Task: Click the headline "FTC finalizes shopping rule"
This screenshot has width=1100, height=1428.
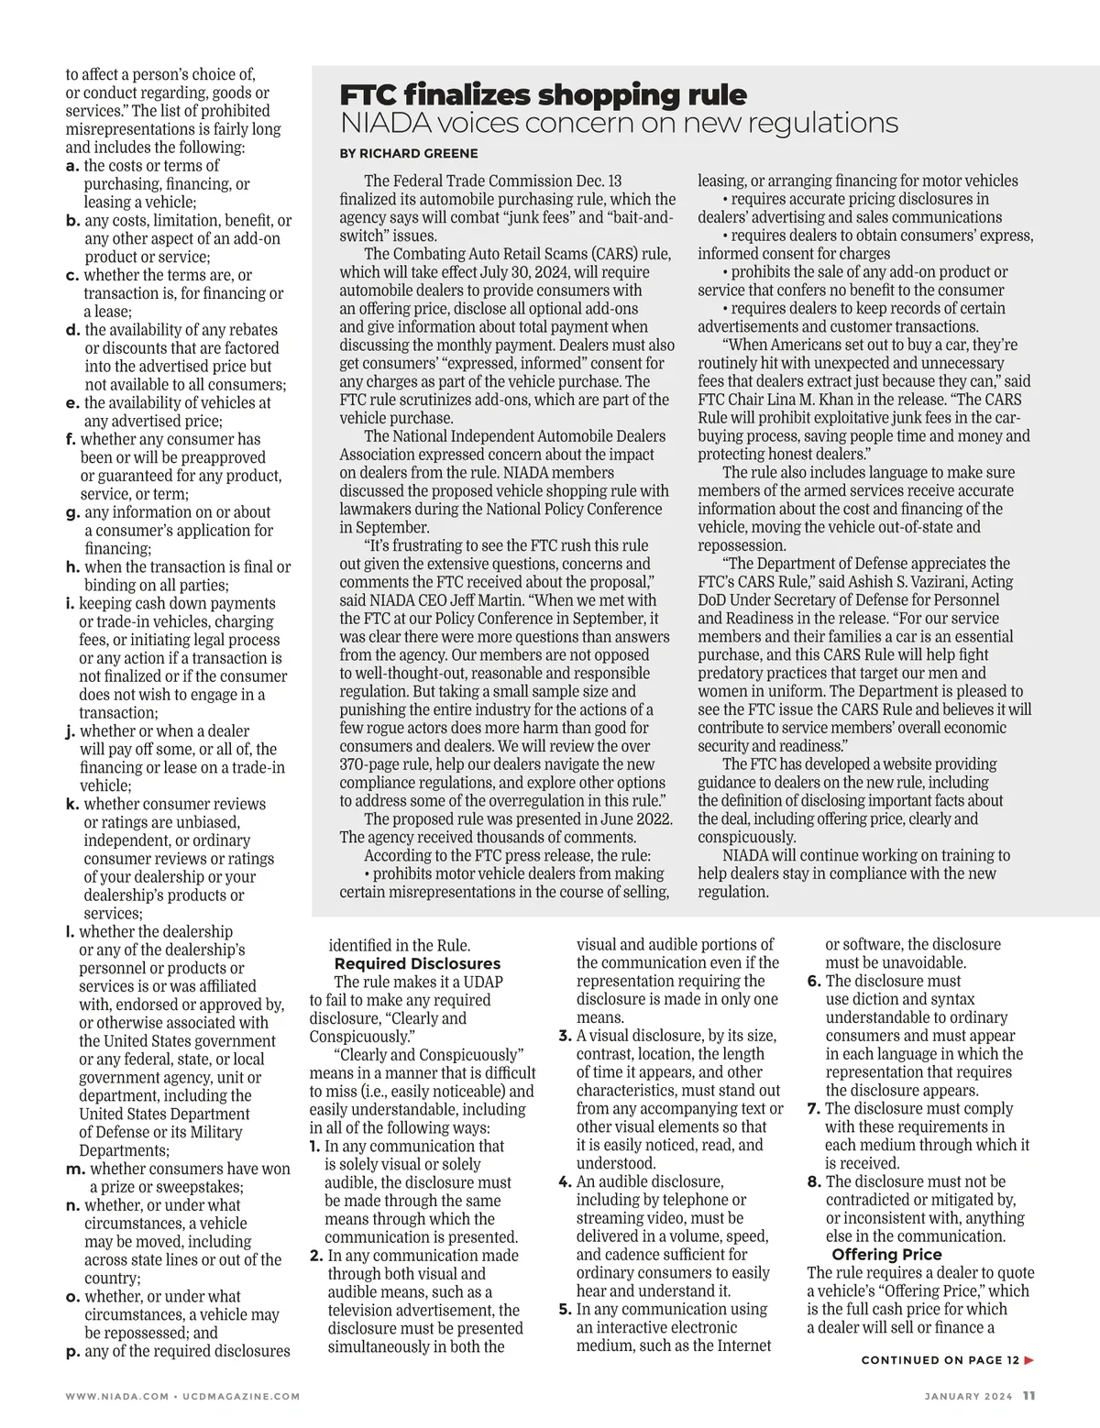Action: [543, 94]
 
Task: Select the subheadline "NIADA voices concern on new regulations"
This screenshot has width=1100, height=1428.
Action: [619, 123]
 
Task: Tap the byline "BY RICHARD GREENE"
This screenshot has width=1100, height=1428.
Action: [409, 153]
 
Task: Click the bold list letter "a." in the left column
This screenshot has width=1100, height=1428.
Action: [72, 166]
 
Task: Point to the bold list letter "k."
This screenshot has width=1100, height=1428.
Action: [72, 804]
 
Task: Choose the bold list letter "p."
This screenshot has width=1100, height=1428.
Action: [73, 1351]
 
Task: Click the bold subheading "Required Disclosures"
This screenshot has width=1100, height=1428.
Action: [417, 963]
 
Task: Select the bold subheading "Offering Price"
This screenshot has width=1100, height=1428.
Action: [886, 1255]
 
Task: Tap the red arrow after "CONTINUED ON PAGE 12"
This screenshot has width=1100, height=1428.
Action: [1029, 1360]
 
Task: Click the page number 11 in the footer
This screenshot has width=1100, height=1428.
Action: [1028, 1396]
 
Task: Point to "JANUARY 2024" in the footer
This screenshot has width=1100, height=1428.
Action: [968, 1397]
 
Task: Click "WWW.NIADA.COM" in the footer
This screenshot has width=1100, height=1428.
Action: [115, 1397]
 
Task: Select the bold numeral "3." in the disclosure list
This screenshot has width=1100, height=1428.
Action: [566, 1036]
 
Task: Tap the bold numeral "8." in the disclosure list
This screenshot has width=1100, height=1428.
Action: [814, 1181]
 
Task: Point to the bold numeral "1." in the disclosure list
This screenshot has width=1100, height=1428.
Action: [314, 1146]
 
